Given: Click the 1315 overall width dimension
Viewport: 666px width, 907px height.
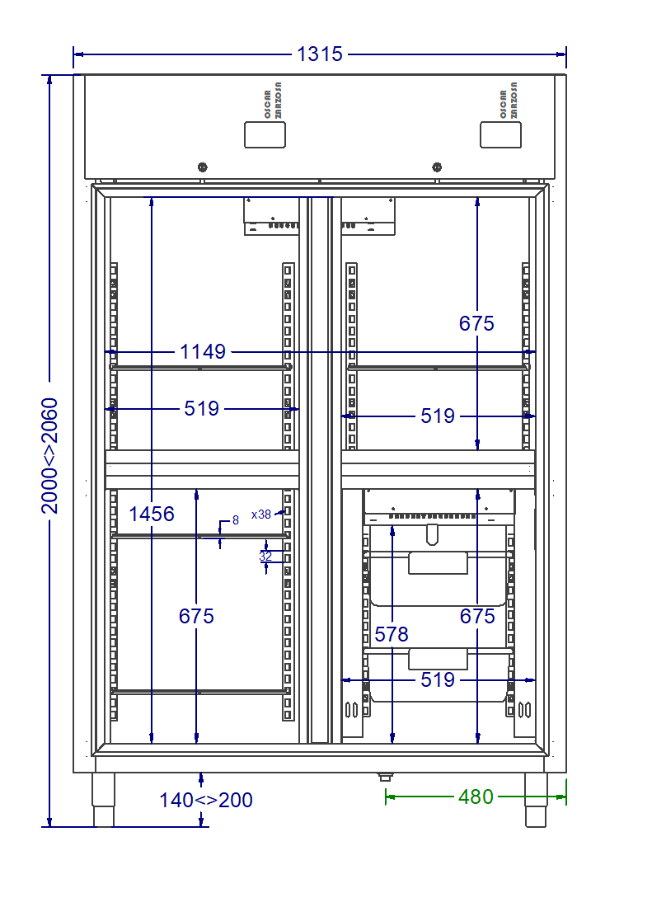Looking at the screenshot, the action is (x=320, y=54).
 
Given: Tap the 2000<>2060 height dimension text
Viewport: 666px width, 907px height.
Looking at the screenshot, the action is (x=49, y=456).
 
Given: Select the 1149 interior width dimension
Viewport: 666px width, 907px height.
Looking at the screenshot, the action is (x=202, y=351).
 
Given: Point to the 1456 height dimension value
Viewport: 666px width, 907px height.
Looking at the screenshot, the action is (x=152, y=514).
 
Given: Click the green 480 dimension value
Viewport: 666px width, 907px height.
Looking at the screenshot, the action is (x=476, y=797).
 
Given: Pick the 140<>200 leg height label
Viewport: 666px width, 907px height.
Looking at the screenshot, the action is (x=206, y=800).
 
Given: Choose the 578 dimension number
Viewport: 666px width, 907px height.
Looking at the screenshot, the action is (x=392, y=635).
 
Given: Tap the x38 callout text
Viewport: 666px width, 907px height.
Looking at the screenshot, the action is (x=261, y=515).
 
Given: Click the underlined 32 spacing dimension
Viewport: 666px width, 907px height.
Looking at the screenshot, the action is (x=265, y=556).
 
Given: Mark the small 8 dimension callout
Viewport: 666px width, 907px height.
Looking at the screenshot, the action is (x=235, y=520).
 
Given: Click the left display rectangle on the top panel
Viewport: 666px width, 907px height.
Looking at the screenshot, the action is (x=265, y=134).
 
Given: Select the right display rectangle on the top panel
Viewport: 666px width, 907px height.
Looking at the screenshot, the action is (x=500, y=134).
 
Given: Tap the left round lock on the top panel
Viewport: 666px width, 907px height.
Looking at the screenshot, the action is (x=202, y=167).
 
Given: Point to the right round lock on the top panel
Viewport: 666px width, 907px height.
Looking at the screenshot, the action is (x=437, y=167).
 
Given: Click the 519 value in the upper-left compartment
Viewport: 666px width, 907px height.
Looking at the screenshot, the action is (x=202, y=408).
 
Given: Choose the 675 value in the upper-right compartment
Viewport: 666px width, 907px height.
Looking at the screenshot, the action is (x=476, y=323).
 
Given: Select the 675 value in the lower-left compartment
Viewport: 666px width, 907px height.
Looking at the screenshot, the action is (x=196, y=616).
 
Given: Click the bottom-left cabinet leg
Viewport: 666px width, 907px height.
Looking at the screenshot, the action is (x=104, y=800).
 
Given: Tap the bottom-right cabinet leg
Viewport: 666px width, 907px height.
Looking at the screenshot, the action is (x=536, y=800).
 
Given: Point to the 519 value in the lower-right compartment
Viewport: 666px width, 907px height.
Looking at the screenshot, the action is (x=438, y=679).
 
